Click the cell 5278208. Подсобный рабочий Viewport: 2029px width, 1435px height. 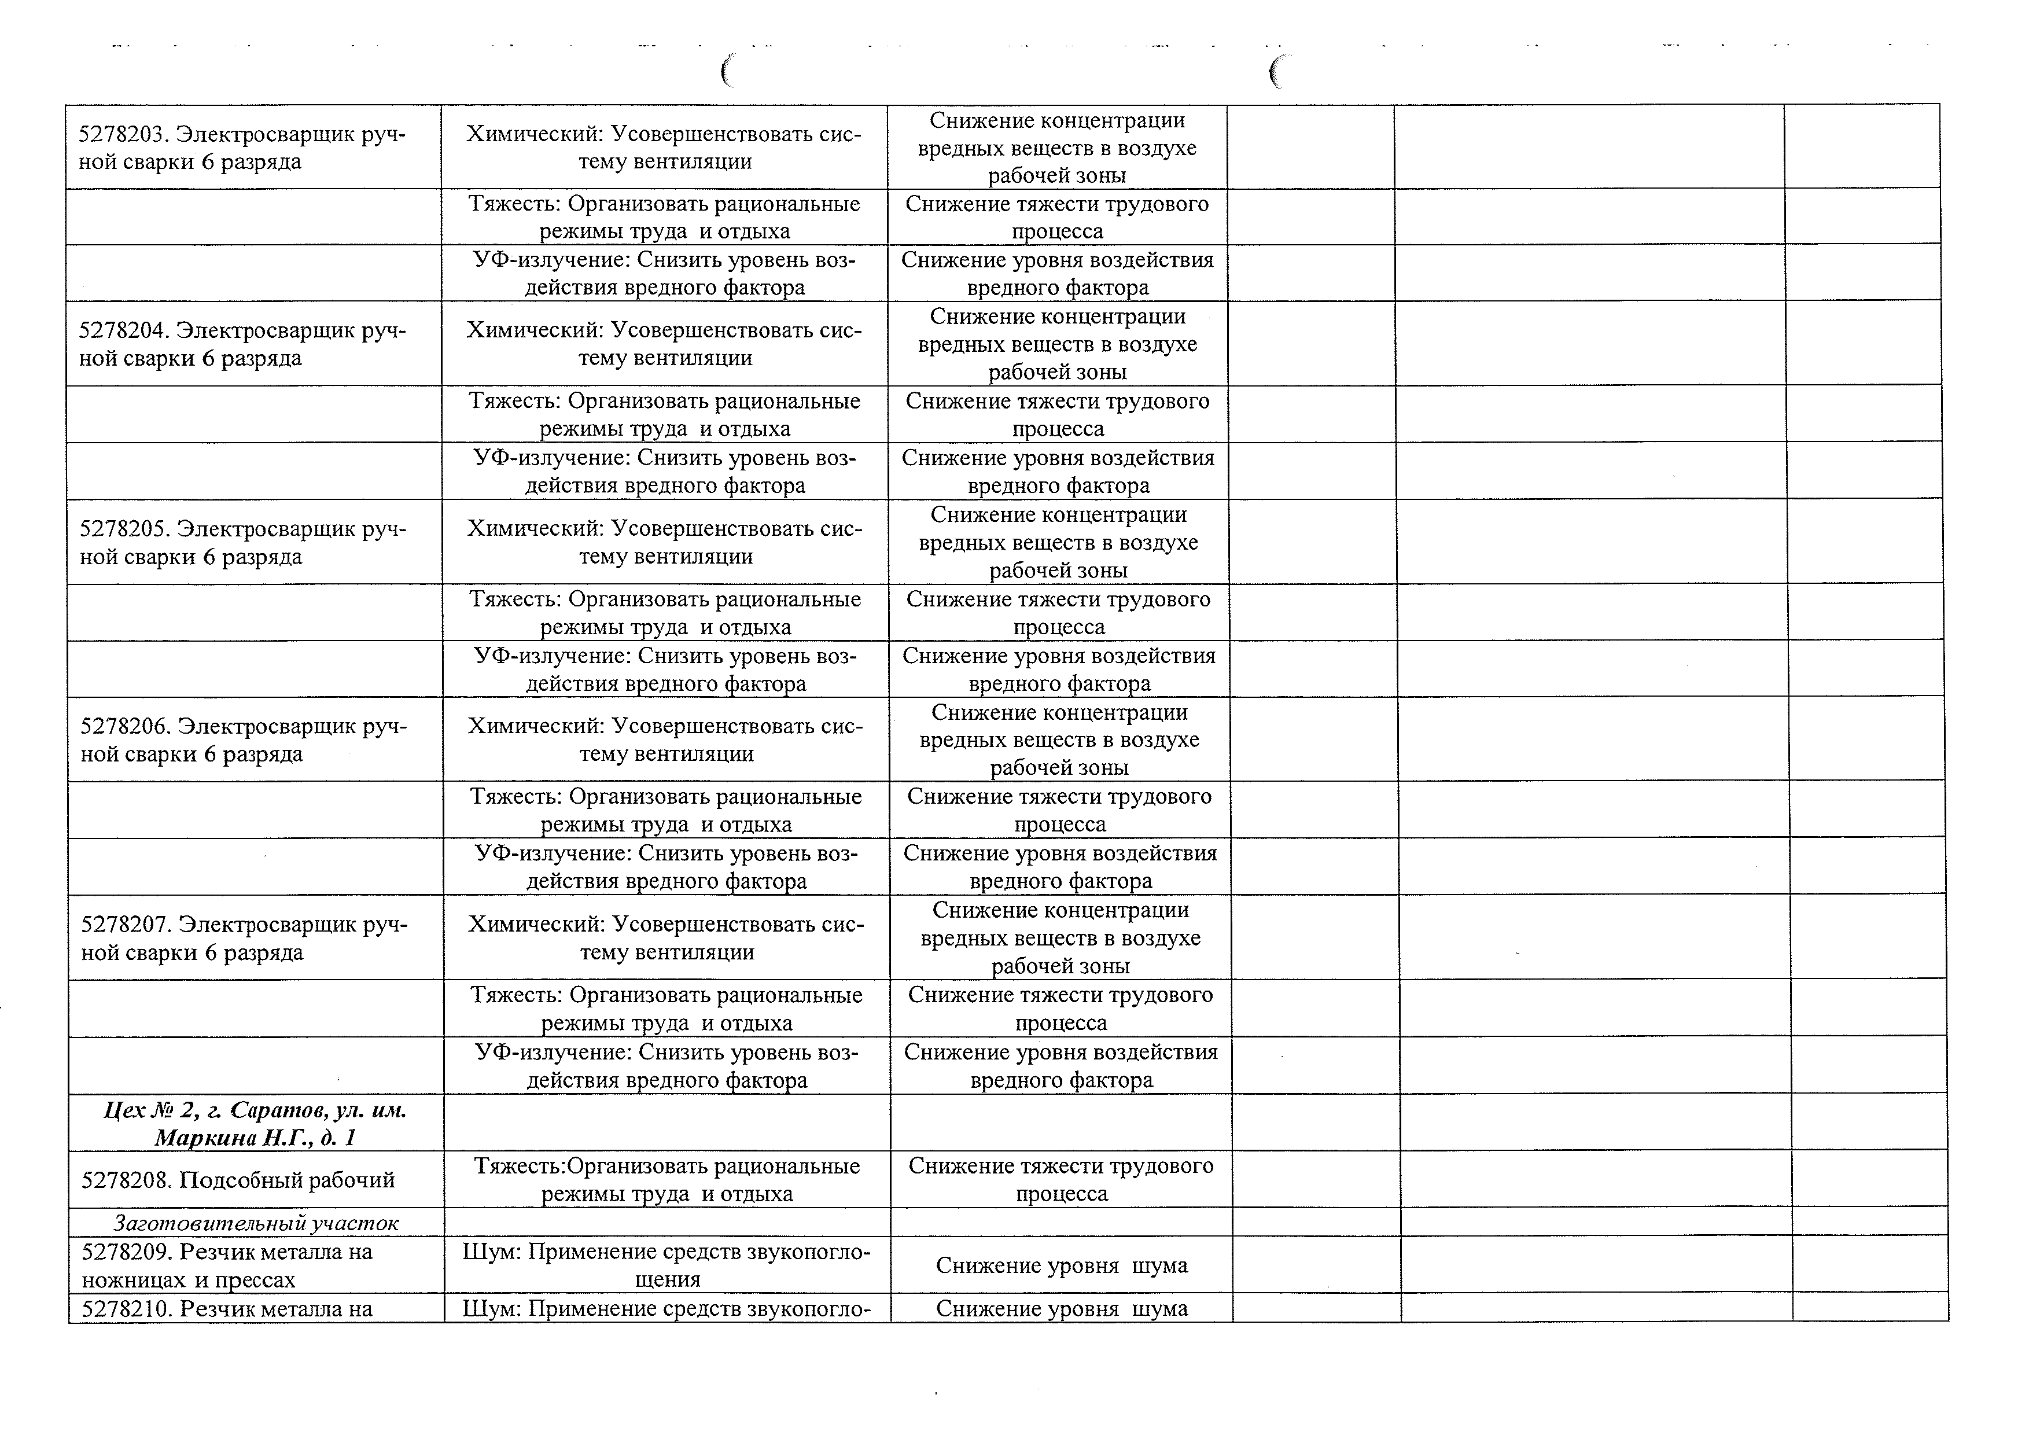(x=238, y=1180)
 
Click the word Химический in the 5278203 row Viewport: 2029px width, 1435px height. (x=533, y=134)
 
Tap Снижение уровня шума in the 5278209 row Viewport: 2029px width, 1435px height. (x=1061, y=1265)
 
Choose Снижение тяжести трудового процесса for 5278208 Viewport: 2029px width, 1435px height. (x=1060, y=1180)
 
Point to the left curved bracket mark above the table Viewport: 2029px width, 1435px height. (x=727, y=71)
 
